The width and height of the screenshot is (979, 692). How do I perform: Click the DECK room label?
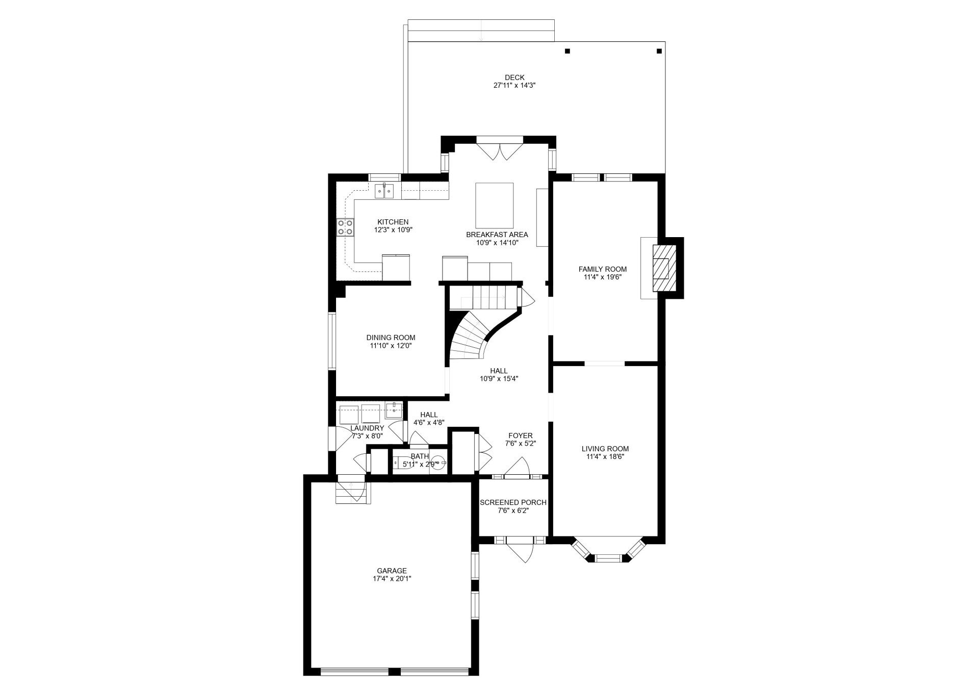pyautogui.click(x=514, y=78)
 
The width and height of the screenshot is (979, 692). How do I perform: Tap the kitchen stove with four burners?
pyautogui.click(x=345, y=227)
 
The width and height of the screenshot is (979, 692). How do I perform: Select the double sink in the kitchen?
pyautogui.click(x=384, y=191)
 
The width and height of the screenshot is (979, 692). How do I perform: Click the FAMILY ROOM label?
pyautogui.click(x=602, y=269)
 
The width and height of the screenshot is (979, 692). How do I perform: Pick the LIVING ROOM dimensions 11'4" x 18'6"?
pyautogui.click(x=605, y=457)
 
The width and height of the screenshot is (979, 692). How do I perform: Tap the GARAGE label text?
pyautogui.click(x=392, y=571)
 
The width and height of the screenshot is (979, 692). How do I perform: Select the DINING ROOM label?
pyautogui.click(x=391, y=338)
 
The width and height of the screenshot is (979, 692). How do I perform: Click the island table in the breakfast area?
pyautogui.click(x=495, y=206)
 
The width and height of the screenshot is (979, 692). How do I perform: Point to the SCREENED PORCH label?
pyautogui.click(x=513, y=502)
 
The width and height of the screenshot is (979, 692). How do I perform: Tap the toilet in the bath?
pyautogui.click(x=438, y=463)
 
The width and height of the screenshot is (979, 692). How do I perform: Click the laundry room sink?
pyautogui.click(x=394, y=409)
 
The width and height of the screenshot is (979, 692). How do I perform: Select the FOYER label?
pyautogui.click(x=520, y=435)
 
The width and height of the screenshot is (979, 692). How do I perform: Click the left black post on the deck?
pyautogui.click(x=567, y=51)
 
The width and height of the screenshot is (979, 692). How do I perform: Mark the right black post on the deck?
pyautogui.click(x=659, y=51)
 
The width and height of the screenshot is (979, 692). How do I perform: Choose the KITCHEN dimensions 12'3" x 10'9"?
pyautogui.click(x=393, y=230)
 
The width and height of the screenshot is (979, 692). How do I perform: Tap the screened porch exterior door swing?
pyautogui.click(x=520, y=551)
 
